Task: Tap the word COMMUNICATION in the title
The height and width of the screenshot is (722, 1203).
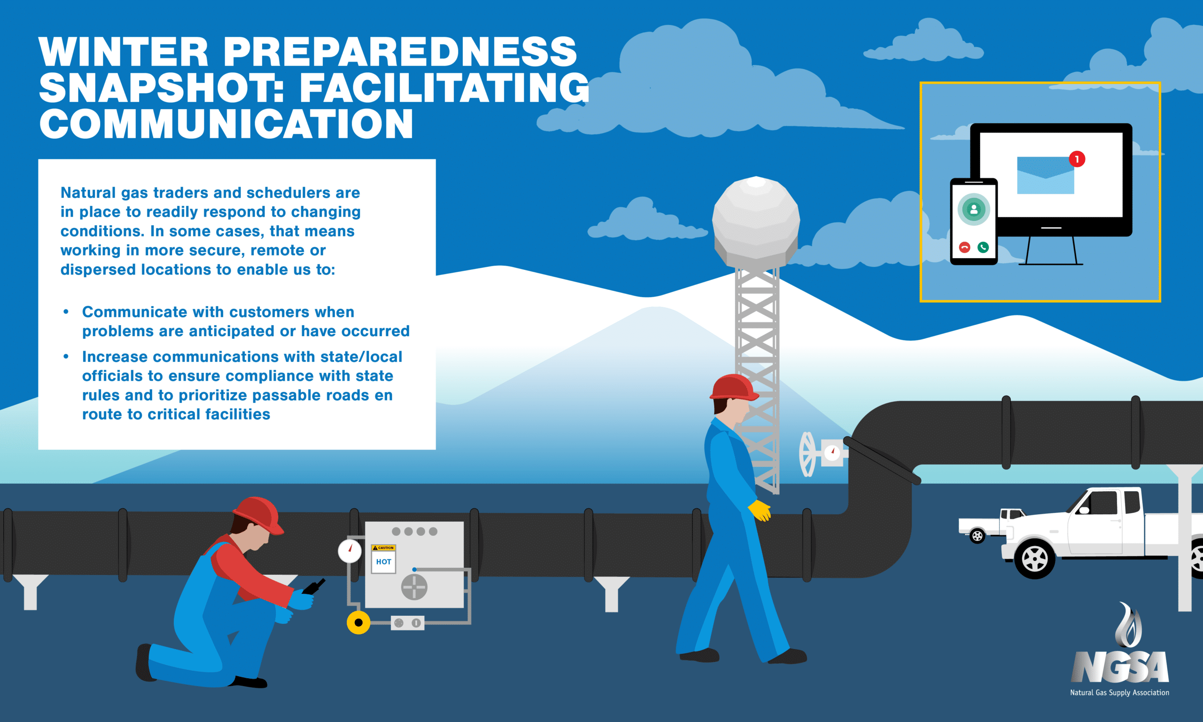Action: (226, 124)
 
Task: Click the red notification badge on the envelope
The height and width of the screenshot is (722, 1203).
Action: (1077, 159)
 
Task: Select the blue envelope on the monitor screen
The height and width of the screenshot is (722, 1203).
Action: (1046, 175)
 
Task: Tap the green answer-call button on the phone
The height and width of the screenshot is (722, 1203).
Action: (983, 247)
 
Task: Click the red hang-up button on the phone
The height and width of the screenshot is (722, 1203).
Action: (965, 247)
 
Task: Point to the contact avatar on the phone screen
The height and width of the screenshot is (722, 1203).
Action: (974, 209)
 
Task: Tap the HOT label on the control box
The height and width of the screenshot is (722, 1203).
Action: (383, 562)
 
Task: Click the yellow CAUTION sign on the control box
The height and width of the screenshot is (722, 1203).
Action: (383, 548)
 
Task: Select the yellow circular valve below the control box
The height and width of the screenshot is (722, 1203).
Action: (359, 622)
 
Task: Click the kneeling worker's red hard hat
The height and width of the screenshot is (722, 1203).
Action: (258, 516)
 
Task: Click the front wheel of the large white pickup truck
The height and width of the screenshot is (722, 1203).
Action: (1035, 559)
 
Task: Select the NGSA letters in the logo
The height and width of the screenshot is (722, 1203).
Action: (1120, 667)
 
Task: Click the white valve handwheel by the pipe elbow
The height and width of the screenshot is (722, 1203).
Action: (807, 455)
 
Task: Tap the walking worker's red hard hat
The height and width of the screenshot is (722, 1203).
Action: (734, 388)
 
